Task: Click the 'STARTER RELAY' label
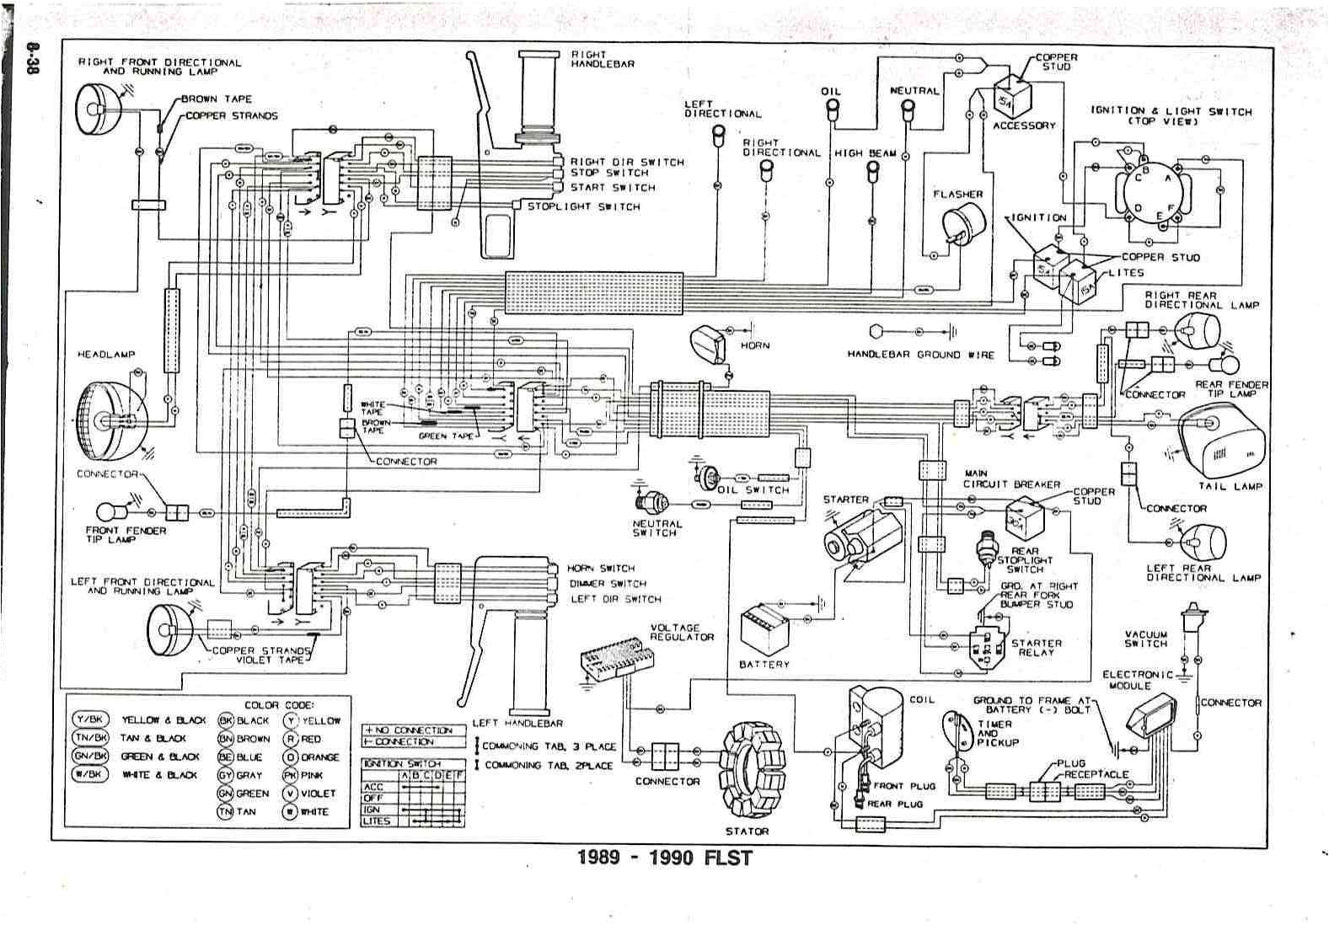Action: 1036,647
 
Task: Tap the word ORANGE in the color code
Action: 319,757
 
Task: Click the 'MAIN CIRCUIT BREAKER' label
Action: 1011,479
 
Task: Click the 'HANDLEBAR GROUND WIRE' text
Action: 920,355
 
